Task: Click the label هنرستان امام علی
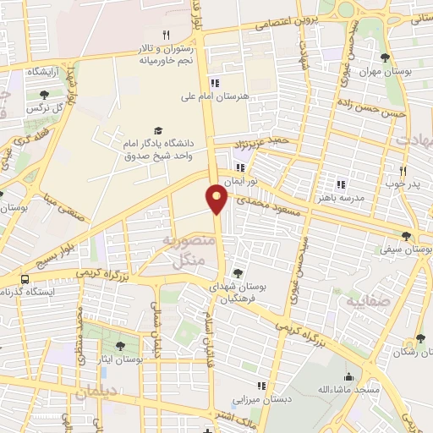(222, 97)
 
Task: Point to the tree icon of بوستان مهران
(386, 58)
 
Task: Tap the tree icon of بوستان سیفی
(406, 237)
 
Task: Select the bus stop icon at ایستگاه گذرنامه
(25, 278)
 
